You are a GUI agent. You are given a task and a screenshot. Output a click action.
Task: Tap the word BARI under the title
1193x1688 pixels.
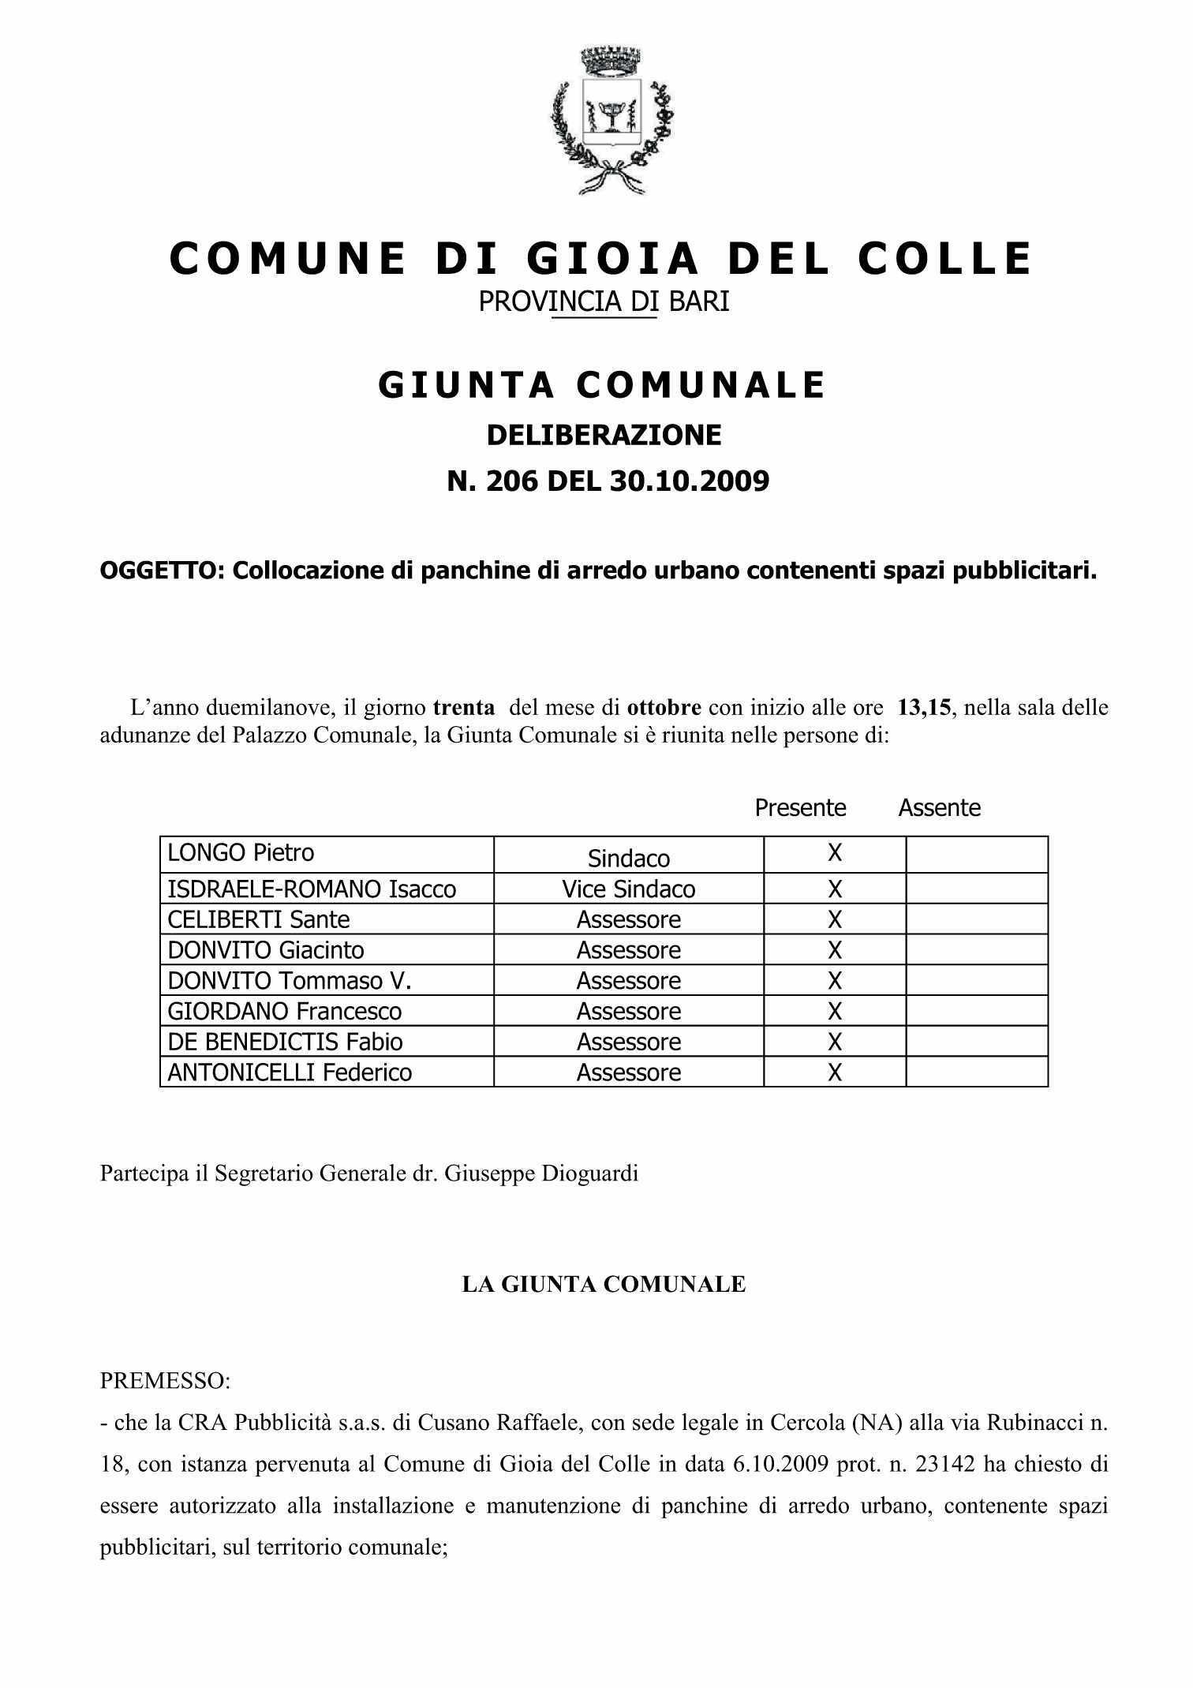coord(699,301)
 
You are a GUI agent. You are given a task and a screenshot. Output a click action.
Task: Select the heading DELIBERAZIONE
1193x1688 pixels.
coord(604,435)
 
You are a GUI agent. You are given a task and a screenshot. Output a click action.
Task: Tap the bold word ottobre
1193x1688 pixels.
coord(664,707)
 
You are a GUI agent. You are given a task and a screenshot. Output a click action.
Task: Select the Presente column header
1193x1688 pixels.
coord(800,808)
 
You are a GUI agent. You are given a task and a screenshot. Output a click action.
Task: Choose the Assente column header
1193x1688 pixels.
coord(939,808)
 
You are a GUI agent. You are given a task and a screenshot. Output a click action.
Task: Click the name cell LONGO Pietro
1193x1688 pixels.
coord(241,853)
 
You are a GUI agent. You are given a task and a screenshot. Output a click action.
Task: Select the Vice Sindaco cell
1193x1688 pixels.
coord(629,889)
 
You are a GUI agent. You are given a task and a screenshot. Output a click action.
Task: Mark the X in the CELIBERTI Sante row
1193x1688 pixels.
coord(835,920)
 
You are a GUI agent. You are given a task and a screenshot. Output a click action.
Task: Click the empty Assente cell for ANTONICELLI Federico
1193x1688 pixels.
coord(977,1072)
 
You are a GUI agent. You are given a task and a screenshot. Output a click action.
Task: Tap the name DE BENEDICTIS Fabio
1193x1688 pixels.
coord(285,1042)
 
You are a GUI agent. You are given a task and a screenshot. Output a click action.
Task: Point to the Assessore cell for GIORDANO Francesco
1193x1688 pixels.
coord(629,1012)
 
